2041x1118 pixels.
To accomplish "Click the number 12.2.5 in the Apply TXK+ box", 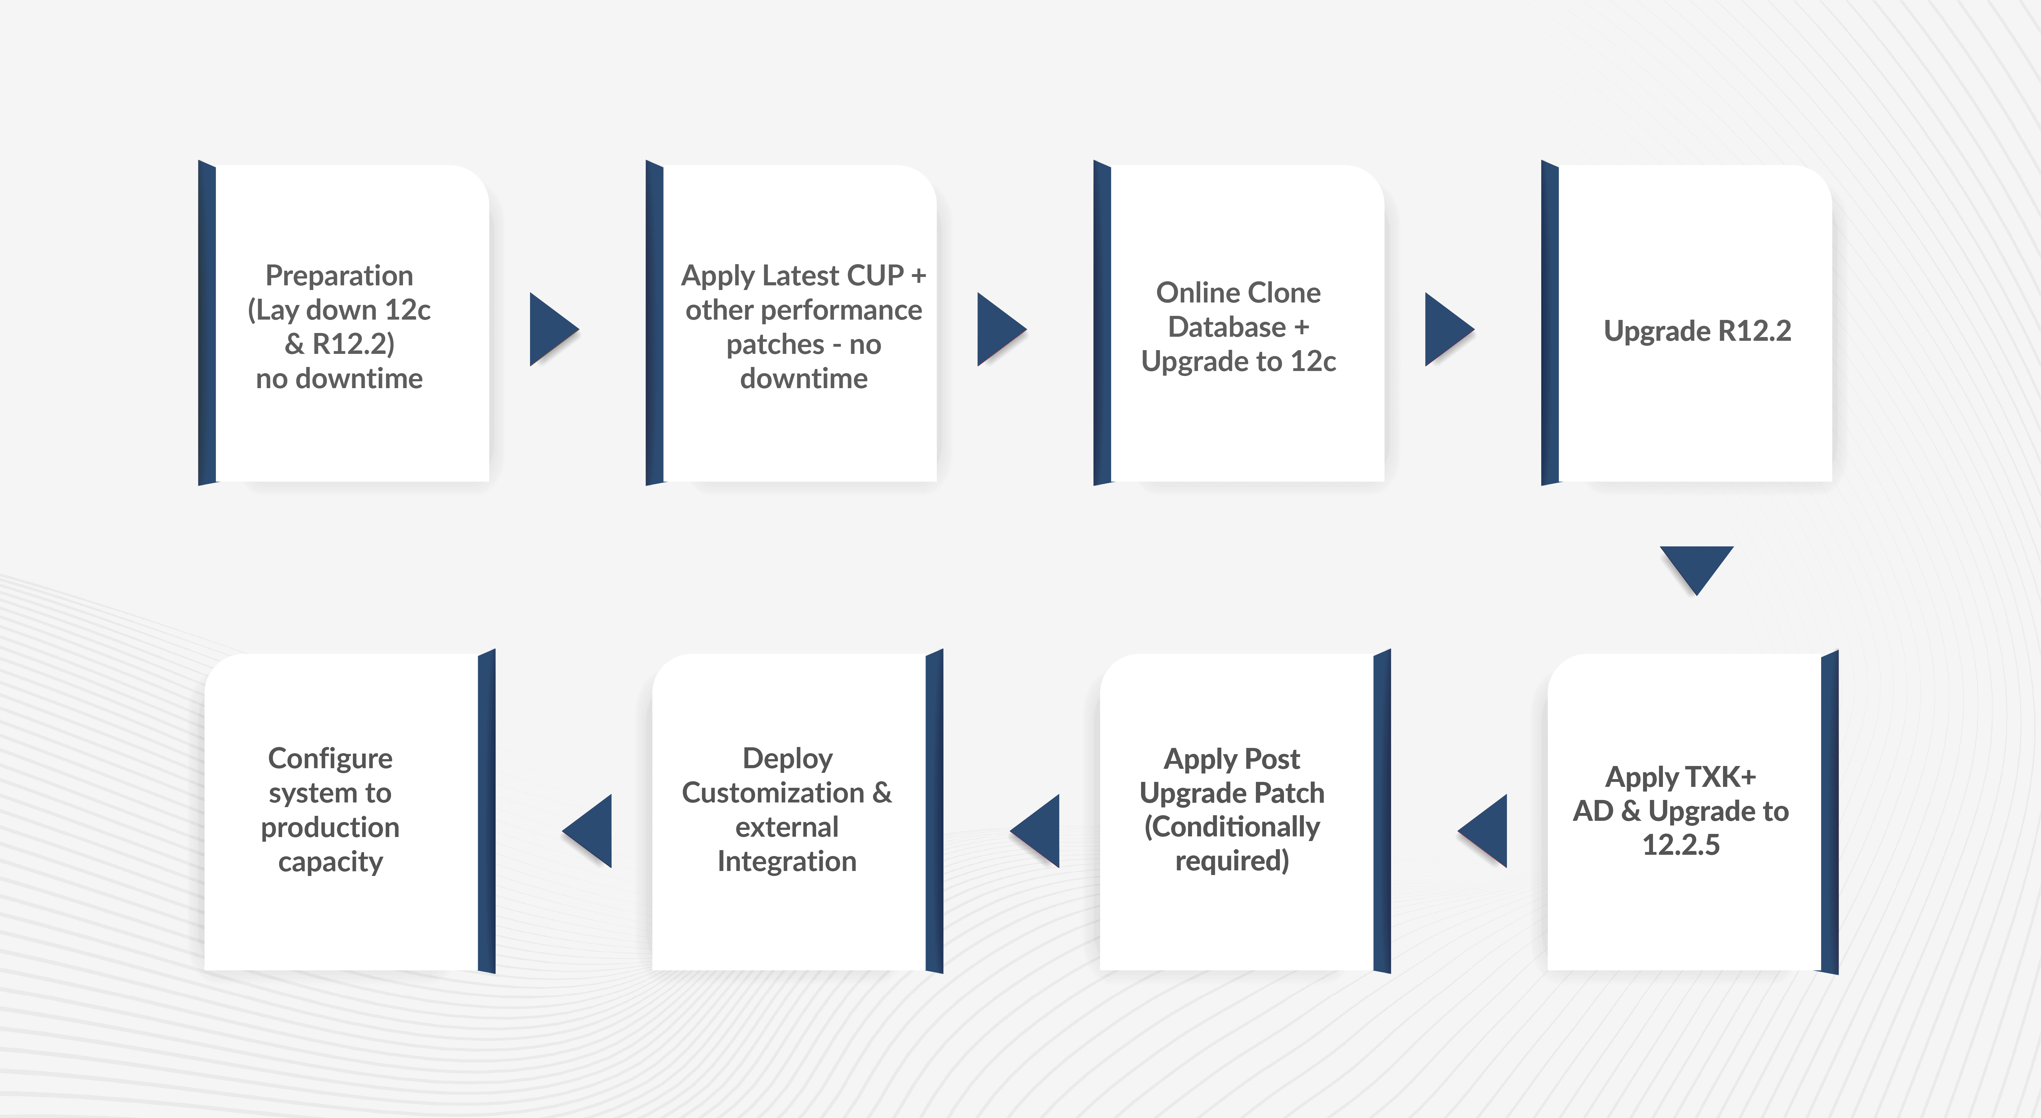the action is [1680, 844].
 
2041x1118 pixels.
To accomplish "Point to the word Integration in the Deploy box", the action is [787, 861].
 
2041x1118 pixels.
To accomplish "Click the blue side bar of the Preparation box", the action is [207, 322].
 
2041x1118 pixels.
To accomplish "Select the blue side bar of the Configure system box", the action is [486, 811].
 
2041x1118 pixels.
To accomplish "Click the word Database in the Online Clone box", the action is [1227, 326].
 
